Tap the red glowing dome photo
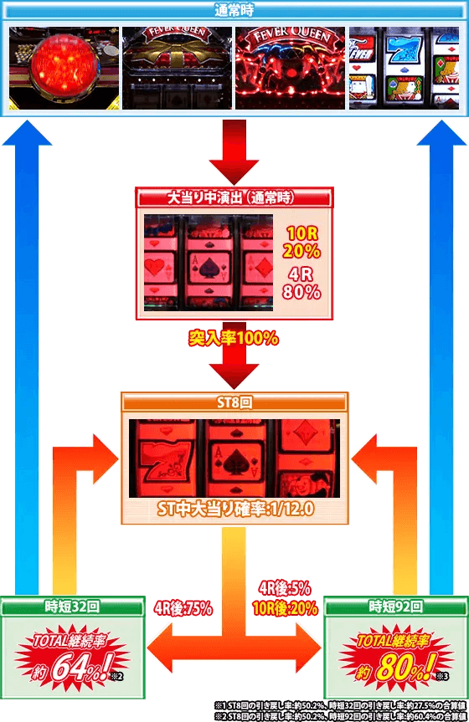click(63, 68)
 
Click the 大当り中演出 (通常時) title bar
click(234, 199)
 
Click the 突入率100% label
click(234, 339)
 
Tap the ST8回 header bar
click(234, 402)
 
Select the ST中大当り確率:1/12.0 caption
click(234, 508)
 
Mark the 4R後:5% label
click(285, 587)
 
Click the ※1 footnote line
click(339, 704)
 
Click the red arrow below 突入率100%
click(234, 368)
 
